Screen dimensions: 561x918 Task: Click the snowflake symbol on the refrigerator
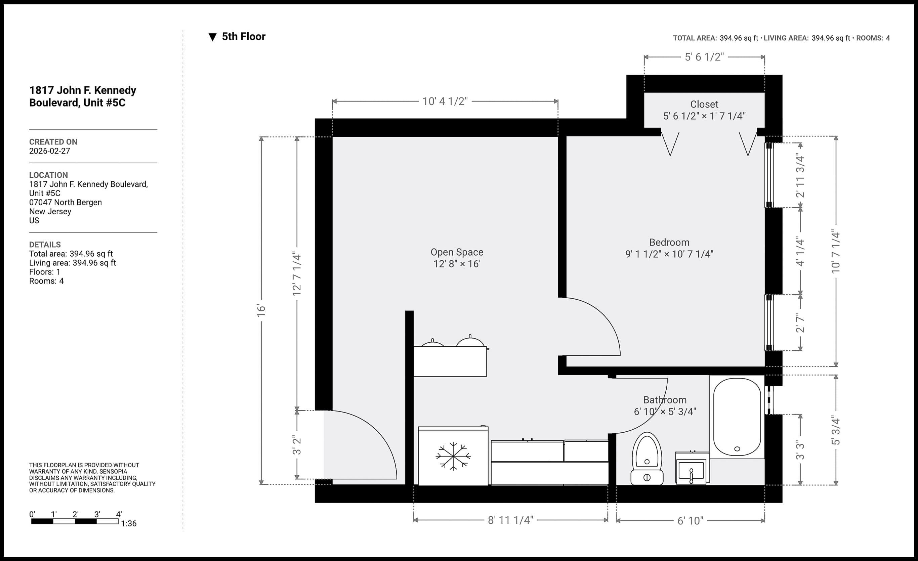(453, 456)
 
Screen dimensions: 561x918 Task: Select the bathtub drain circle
(737, 449)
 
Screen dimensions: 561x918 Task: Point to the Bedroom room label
(669, 243)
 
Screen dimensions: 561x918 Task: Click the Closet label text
(704, 104)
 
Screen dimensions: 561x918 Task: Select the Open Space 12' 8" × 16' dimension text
(457, 264)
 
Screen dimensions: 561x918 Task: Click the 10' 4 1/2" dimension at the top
(445, 101)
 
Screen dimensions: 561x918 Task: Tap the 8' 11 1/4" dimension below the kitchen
(510, 520)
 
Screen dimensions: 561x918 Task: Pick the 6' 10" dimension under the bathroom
(690, 520)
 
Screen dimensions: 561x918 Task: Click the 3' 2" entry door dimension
(297, 445)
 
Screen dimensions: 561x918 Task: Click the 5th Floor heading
(244, 37)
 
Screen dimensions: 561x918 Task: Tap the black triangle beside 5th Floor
(212, 37)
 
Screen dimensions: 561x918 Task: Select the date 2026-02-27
(49, 151)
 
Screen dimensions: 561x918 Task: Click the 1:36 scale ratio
(129, 523)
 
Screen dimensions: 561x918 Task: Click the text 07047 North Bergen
(66, 202)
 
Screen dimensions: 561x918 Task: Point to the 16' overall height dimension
(261, 310)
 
